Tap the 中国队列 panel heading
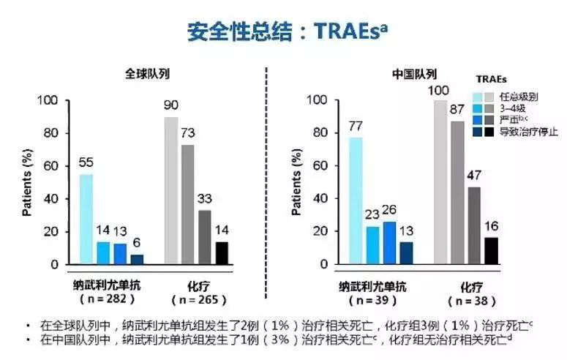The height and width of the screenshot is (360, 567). click(x=414, y=73)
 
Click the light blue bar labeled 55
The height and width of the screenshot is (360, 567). click(x=86, y=219)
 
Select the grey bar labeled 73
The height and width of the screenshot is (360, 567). click(x=188, y=204)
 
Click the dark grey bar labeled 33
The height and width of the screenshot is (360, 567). click(x=204, y=237)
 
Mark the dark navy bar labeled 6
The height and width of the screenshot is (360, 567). click(x=137, y=259)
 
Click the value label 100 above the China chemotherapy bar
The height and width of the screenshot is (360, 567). click(x=439, y=90)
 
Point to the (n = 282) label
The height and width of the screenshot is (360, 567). click(x=108, y=300)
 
